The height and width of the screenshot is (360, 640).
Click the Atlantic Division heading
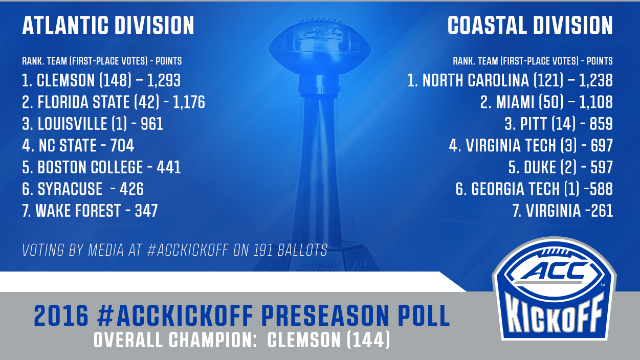pos(108,25)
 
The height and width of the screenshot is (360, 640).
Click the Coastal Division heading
pos(530,25)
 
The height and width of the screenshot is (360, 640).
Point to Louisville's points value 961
pos(152,124)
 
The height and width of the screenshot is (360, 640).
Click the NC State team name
pos(68,145)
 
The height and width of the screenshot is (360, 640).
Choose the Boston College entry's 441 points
pos(169,167)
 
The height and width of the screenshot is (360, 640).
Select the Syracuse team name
pos(70,189)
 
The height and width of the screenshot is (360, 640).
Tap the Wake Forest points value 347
pos(146,211)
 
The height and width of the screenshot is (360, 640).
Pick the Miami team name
pos(515,102)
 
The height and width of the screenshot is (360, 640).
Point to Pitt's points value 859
pos(601,124)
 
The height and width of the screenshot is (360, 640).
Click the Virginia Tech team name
pos(511,145)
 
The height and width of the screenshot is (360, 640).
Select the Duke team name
pos(540,167)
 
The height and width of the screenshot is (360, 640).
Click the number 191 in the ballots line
pos(263,250)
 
